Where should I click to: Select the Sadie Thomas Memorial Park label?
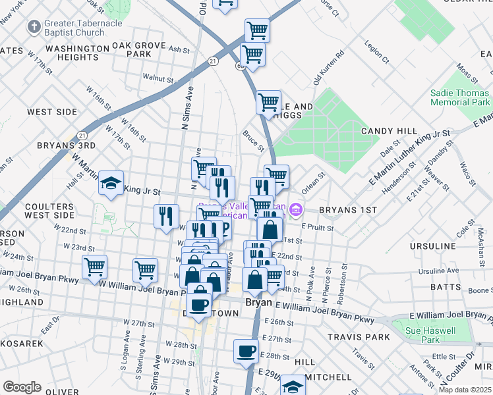click(x=460, y=97)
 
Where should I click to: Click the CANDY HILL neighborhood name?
click(x=386, y=132)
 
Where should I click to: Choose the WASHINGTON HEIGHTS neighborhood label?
click(x=77, y=53)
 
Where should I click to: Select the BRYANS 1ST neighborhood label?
click(x=347, y=210)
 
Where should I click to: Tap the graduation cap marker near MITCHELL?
click(x=293, y=386)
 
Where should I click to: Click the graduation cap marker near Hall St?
click(x=111, y=184)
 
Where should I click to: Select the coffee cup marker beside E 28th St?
click(x=246, y=351)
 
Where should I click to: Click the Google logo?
click(x=22, y=387)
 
